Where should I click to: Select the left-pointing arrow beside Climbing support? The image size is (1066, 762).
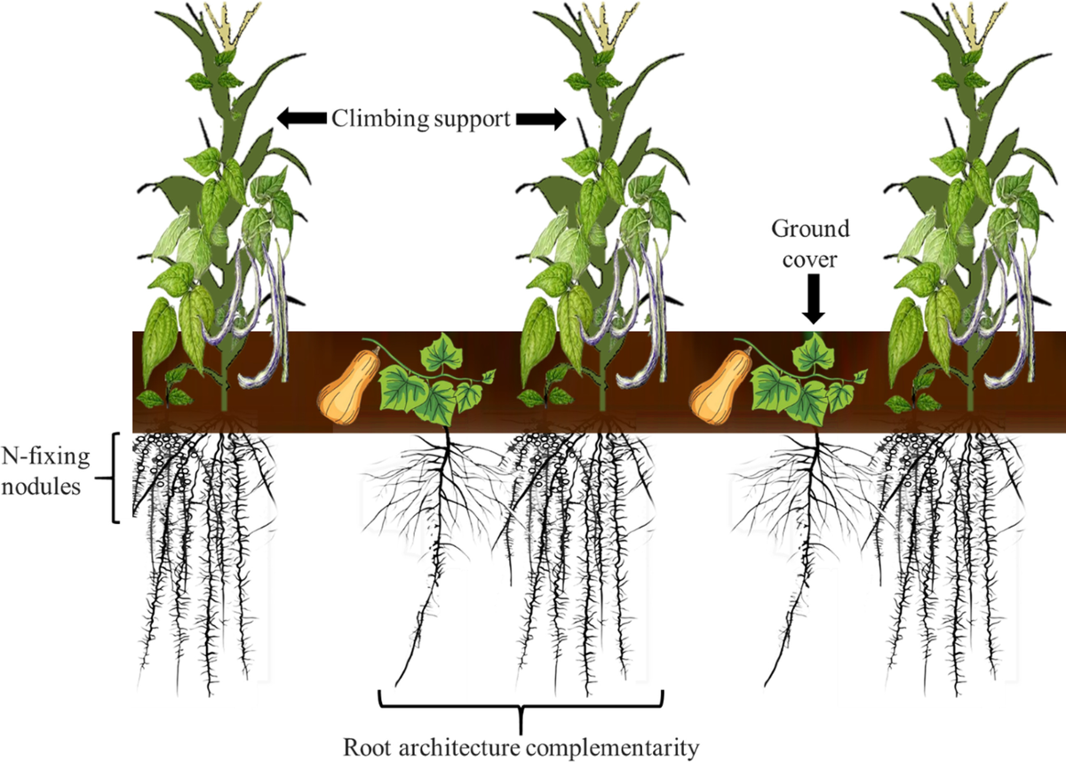tap(301, 118)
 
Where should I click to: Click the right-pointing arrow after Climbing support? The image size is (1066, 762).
tap(541, 118)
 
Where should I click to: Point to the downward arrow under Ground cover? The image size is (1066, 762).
tap(814, 299)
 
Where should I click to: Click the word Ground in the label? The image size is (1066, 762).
tap(810, 229)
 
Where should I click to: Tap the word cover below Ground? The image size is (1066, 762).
tap(810, 259)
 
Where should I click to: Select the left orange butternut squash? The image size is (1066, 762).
tap(348, 385)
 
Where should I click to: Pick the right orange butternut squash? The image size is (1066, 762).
tap(721, 385)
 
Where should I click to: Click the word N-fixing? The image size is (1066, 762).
tap(45, 456)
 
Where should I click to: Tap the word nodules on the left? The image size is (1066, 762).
tap(41, 487)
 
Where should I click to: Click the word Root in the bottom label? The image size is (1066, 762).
tap(367, 747)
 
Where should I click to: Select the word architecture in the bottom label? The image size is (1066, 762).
tap(458, 747)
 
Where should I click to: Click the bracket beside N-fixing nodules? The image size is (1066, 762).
tap(115, 478)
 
